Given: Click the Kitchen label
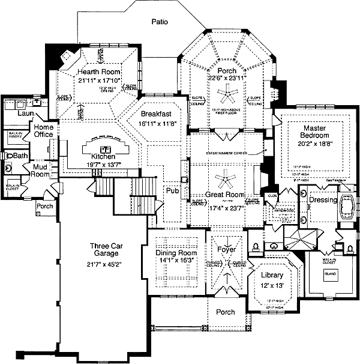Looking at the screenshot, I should (x=103, y=157).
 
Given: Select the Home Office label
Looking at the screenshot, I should (x=43, y=131).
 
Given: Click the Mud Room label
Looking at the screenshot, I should (x=41, y=171).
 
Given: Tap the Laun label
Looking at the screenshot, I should (x=25, y=113).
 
